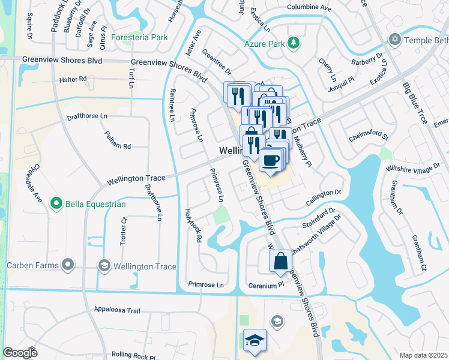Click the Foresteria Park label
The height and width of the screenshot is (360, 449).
tap(142, 37)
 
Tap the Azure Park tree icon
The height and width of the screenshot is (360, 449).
tap(294, 43)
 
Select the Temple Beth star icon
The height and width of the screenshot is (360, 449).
tap(394, 40)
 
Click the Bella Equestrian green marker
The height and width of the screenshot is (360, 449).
tap(56, 204)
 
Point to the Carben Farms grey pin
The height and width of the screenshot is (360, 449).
tap(68, 265)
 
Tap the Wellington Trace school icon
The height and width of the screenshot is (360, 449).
tap(104, 266)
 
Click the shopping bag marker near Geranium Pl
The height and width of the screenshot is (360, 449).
tap(280, 260)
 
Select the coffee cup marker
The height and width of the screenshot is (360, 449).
tap(270, 160)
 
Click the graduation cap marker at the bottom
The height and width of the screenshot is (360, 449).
tap(255, 340)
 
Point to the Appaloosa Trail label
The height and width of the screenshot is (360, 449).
tap(116, 311)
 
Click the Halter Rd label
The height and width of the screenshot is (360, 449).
tap(73, 79)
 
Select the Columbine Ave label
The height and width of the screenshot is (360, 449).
tap(309, 8)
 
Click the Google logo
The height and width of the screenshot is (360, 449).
tap(20, 353)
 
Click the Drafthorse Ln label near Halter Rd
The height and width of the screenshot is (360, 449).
tap(87, 116)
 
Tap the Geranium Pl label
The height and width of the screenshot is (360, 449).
tap(266, 286)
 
